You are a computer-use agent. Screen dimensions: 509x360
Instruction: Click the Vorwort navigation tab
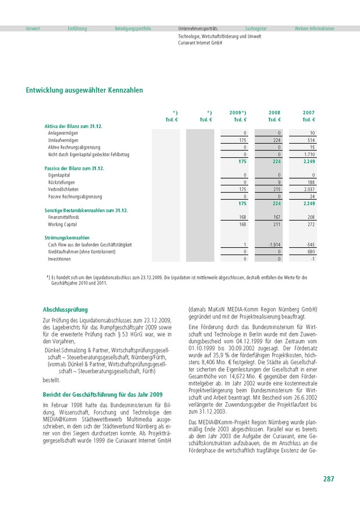pos(33,28)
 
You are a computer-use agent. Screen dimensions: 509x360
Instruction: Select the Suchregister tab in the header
pos(256,28)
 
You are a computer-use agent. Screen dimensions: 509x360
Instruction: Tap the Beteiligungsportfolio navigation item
pos(133,28)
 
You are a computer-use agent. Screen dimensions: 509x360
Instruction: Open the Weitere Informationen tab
pos(314,28)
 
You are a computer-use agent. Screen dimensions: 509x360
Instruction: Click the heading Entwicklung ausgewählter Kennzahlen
pos(84,90)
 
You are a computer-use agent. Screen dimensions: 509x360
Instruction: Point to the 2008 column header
pos(275,113)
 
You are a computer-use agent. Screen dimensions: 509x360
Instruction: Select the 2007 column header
pos(308,113)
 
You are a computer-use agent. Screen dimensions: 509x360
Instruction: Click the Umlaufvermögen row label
pos(63,140)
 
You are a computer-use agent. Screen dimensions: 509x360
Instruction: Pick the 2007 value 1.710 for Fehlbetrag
pos(309,154)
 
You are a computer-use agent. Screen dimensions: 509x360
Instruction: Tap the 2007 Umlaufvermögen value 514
pos(311,140)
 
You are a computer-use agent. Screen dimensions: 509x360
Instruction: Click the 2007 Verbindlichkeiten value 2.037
pos(309,189)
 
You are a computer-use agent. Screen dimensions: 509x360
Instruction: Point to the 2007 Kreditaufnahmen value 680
pos(311,252)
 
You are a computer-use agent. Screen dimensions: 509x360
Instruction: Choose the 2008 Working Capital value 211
pos(277,225)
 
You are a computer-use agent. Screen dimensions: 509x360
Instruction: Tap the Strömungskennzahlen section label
pos(67,238)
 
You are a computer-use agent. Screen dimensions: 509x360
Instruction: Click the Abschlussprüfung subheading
pos(65,310)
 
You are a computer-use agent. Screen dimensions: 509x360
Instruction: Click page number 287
pos(329,479)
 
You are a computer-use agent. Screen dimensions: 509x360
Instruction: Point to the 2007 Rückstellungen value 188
pos(311,183)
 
